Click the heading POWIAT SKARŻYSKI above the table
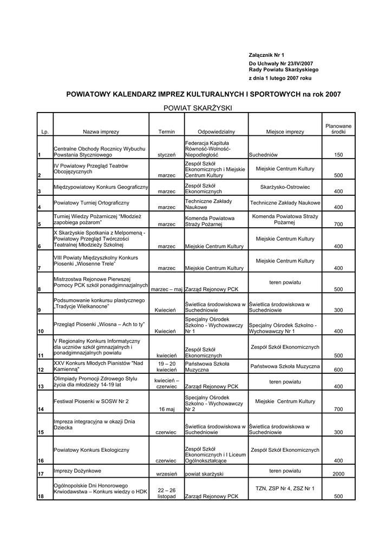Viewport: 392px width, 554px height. coord(198,108)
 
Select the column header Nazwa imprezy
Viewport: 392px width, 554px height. coord(101,132)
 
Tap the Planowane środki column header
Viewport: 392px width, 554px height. coord(338,129)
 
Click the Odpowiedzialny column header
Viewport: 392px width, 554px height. coord(216,132)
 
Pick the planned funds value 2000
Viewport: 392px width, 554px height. coord(338,474)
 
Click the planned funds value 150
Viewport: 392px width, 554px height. coord(338,155)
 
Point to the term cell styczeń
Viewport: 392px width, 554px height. coord(166,155)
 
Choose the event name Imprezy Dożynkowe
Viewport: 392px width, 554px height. coord(77,471)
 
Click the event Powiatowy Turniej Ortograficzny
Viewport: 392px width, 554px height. coord(92,203)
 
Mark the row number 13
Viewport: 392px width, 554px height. coord(41,387)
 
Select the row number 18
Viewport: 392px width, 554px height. coord(41,497)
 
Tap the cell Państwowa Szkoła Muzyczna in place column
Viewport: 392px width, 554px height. coord(285,366)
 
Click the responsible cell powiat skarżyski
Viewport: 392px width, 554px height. coord(204,474)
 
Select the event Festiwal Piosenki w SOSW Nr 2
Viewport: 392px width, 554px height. coord(91,401)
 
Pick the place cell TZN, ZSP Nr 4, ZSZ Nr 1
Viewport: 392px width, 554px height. coord(285,489)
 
